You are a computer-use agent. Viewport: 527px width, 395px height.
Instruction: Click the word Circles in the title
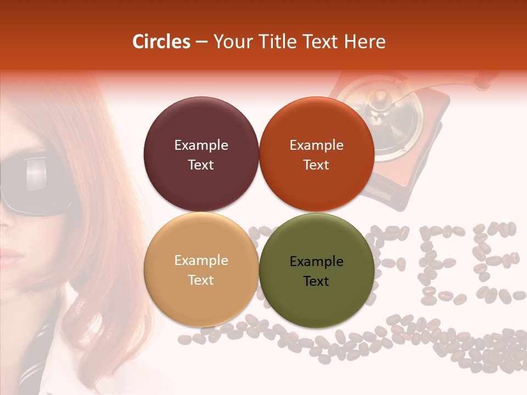tap(161, 42)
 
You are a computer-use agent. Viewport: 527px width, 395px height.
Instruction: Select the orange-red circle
tap(317, 132)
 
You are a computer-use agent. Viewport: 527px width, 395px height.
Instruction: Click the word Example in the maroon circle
tap(201, 145)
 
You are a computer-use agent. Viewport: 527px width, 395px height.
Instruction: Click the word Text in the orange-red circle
tap(316, 165)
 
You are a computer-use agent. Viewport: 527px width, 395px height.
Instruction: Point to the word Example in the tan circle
tap(201, 261)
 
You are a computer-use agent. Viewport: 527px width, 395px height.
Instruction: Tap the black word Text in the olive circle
tap(316, 281)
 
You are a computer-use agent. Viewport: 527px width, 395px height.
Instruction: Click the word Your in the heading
tap(231, 42)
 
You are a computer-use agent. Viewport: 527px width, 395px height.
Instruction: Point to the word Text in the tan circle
tap(201, 280)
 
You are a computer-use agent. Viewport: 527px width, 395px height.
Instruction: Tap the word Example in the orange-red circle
tap(316, 145)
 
